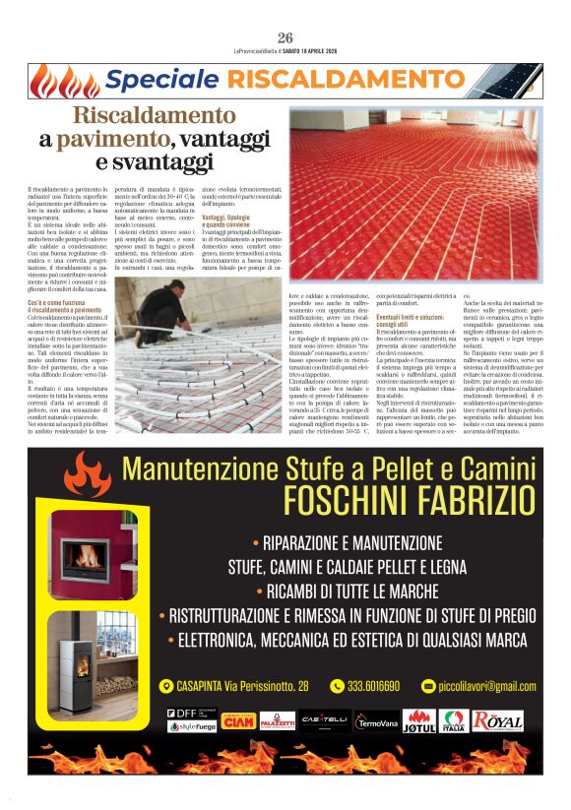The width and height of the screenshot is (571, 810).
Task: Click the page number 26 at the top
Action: pyautogui.click(x=285, y=36)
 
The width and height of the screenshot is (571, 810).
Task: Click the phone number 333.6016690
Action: pyautogui.click(x=371, y=686)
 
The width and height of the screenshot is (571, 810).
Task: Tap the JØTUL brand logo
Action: pyautogui.click(x=419, y=720)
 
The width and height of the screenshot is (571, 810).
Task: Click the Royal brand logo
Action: pyautogui.click(x=499, y=720)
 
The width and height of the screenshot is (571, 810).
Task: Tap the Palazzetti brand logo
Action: pyautogui.click(x=277, y=720)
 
